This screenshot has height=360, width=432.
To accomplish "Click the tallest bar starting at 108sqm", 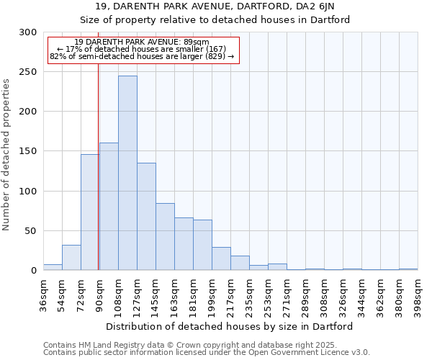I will (127, 173).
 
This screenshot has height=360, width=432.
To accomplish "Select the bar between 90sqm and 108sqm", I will (109, 207).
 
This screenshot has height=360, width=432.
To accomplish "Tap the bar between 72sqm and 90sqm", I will (89, 212).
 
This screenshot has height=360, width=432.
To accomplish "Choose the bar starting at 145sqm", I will (165, 237).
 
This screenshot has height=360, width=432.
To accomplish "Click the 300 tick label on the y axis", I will (28, 32).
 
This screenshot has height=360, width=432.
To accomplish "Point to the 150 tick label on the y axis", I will (28, 151).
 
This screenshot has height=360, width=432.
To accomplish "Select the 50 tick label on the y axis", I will (31, 231).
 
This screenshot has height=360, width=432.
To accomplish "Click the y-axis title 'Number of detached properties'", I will (7, 155).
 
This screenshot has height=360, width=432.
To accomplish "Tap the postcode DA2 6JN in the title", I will (314, 6).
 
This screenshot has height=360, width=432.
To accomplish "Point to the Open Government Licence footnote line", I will (207, 352).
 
